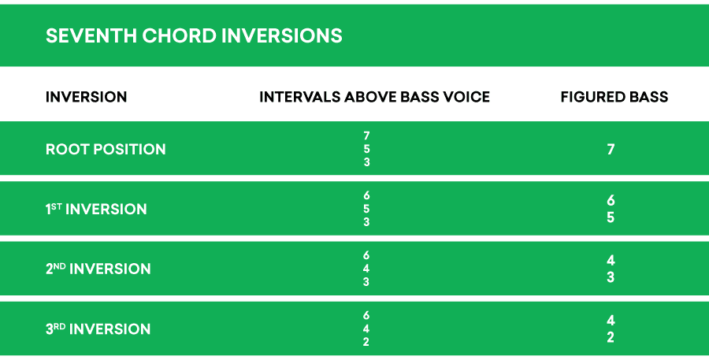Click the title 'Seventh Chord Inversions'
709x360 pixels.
(194, 36)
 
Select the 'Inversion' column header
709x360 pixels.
(87, 97)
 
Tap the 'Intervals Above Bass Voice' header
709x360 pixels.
(374, 97)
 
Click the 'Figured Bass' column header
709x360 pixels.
(614, 97)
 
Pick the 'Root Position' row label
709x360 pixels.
(106, 149)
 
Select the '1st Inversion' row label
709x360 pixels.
(96, 210)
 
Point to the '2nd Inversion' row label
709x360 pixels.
(98, 269)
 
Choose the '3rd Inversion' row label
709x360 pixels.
(98, 328)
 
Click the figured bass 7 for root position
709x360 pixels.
(611, 149)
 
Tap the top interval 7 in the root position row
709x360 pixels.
(366, 135)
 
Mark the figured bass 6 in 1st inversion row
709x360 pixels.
(611, 201)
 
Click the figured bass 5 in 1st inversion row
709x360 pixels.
(611, 217)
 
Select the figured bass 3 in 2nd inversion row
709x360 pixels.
(611, 277)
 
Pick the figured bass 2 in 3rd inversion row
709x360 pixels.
(611, 337)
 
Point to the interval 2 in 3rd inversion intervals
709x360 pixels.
(366, 342)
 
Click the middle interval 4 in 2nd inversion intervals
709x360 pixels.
(366, 269)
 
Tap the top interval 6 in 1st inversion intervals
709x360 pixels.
(366, 195)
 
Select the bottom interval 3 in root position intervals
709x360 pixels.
(366, 162)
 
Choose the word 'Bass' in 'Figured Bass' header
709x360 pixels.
(648, 97)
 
